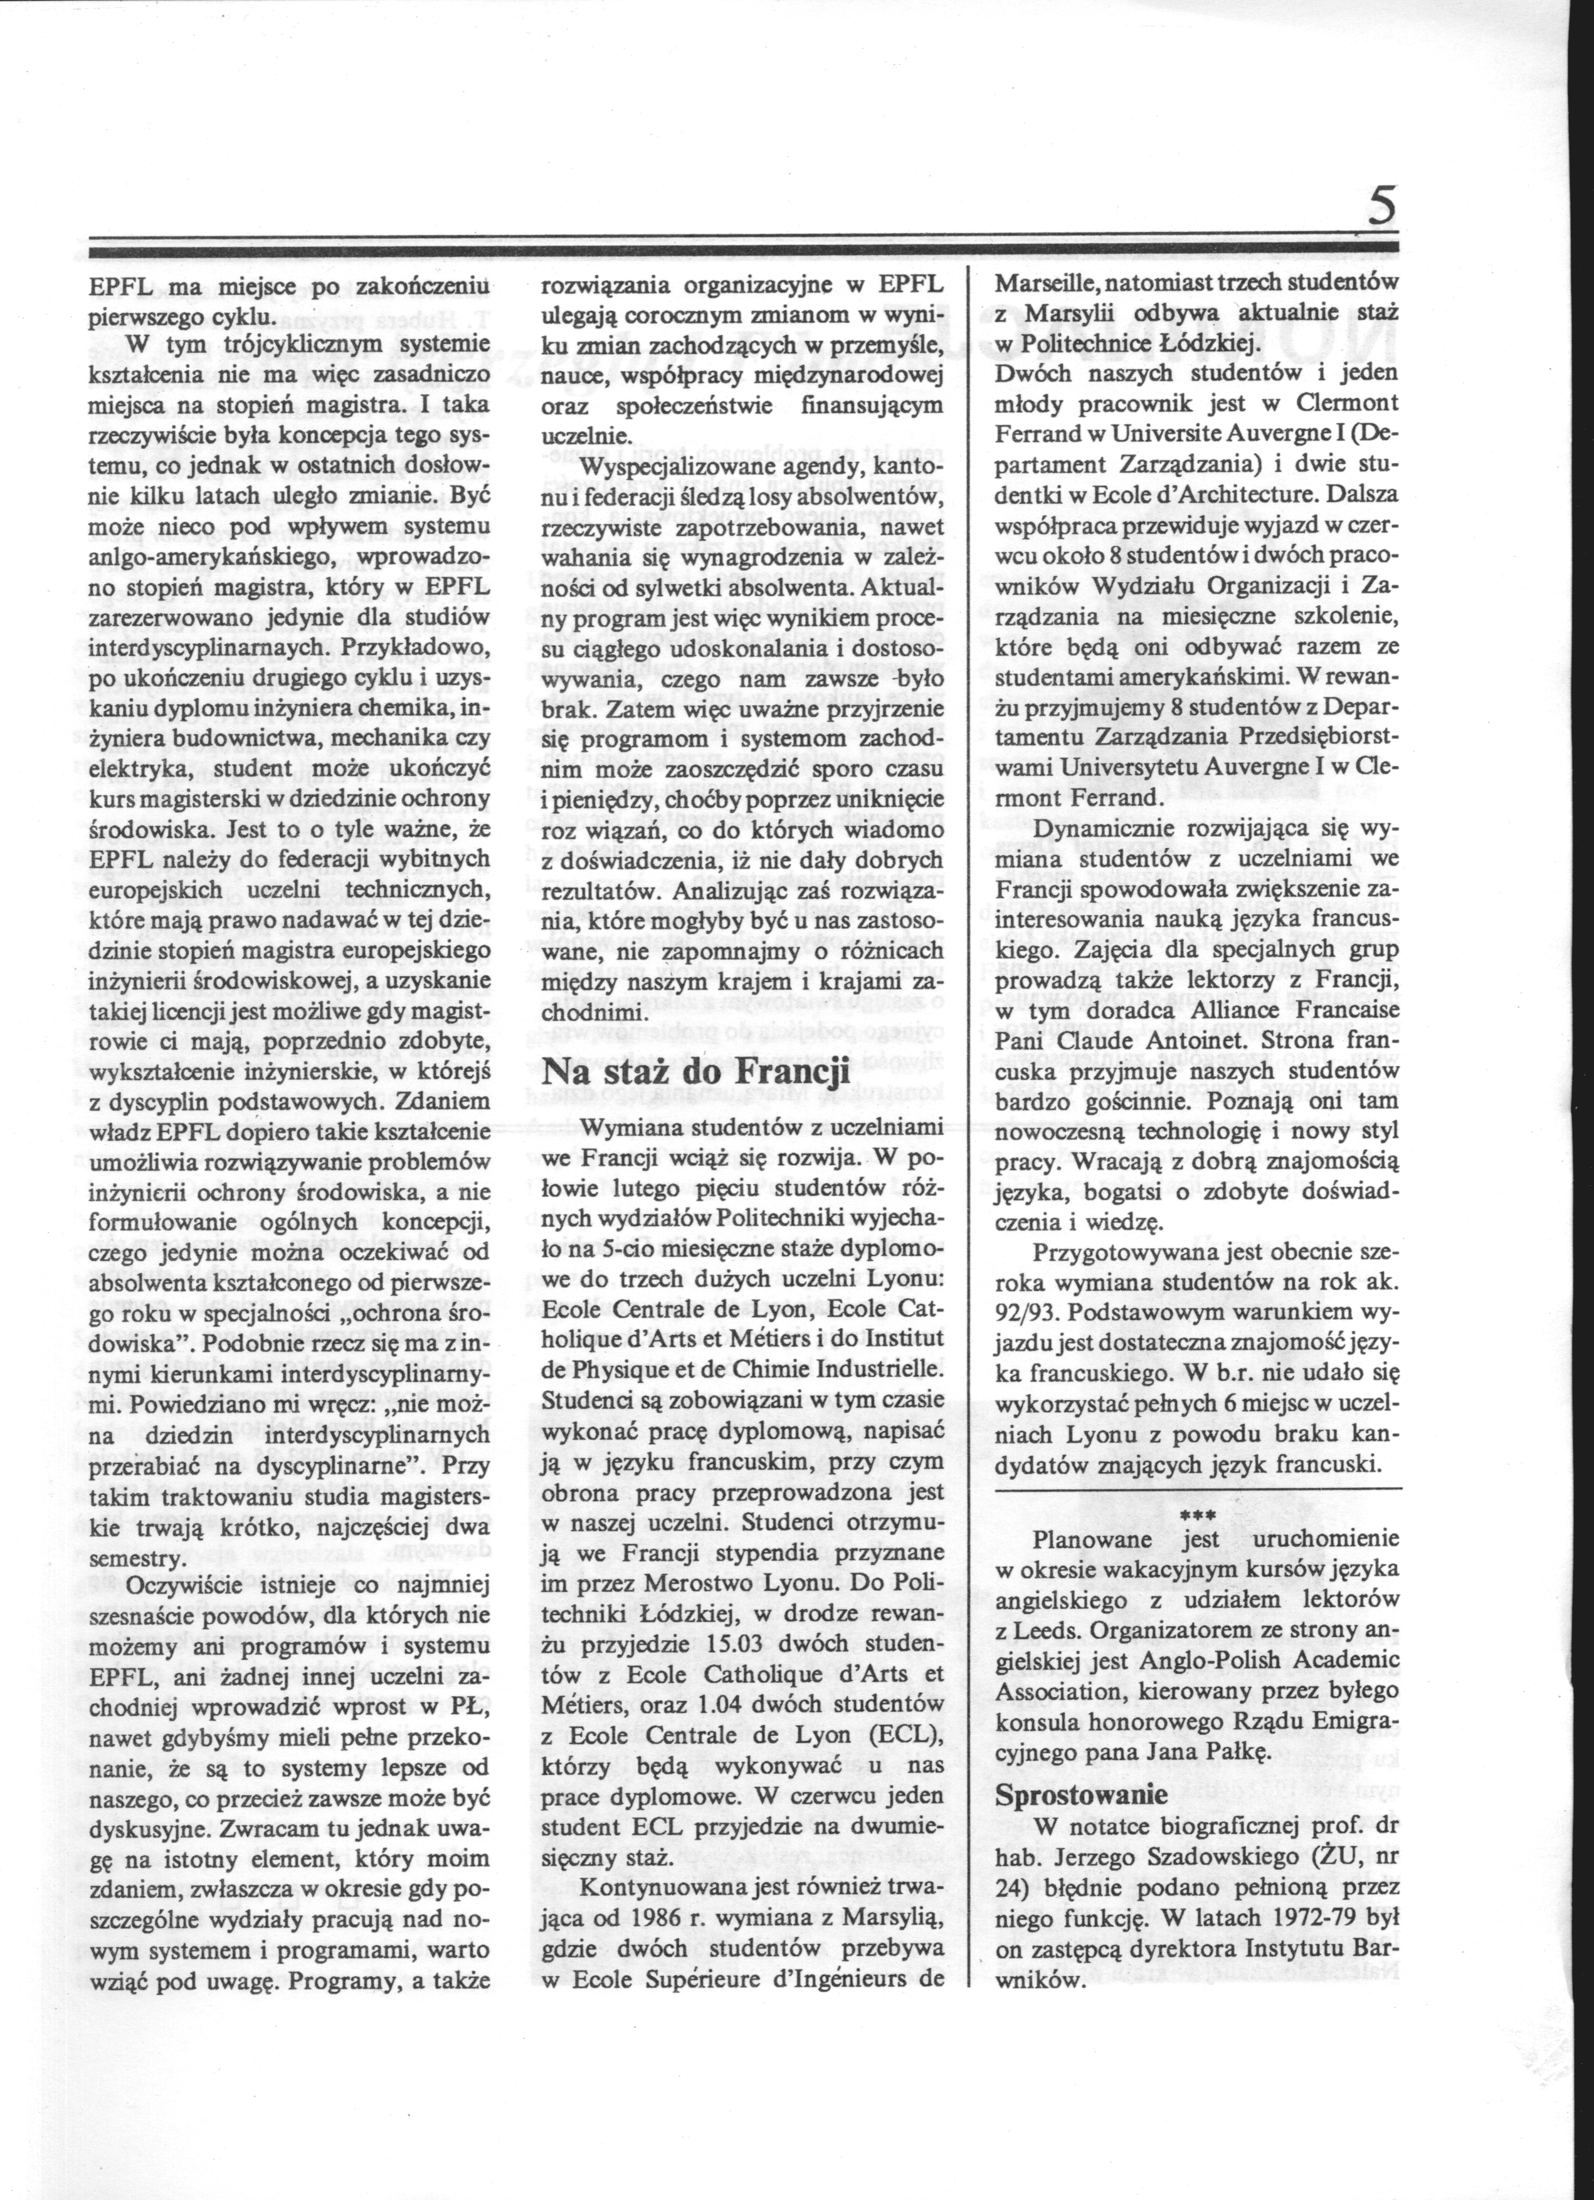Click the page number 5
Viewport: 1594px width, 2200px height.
pyautogui.click(x=1381, y=209)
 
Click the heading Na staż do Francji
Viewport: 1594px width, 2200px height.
pyautogui.click(x=695, y=1073)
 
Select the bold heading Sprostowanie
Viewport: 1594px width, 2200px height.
pyautogui.click(x=1082, y=1794)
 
